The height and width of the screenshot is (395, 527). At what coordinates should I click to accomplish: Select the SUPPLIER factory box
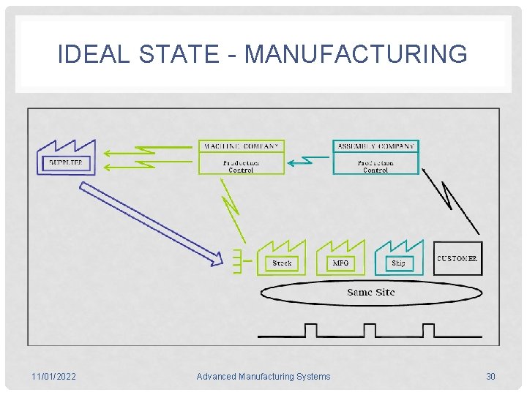66,162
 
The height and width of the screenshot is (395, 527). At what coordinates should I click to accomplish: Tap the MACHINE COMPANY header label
241,146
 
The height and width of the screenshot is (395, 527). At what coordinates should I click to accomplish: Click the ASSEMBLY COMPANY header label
375,146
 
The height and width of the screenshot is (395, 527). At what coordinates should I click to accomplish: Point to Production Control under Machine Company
241,166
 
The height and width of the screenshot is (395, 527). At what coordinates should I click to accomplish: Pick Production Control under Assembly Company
375,166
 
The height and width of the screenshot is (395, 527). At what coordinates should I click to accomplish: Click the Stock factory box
282,262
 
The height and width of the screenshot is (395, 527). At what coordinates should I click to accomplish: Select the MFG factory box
340,262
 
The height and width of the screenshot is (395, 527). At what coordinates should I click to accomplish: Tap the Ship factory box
398,262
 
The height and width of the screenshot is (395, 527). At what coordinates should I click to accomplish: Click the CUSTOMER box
457,258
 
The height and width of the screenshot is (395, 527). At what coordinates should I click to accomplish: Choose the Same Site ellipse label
371,293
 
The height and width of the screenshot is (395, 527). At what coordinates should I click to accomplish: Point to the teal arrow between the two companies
307,159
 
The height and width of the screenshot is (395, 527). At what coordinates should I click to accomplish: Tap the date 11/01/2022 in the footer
53,377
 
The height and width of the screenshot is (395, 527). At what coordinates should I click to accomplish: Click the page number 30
490,377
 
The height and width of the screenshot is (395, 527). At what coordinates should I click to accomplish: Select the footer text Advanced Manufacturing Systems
263,377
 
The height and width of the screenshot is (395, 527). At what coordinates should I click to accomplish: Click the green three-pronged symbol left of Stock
237,261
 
